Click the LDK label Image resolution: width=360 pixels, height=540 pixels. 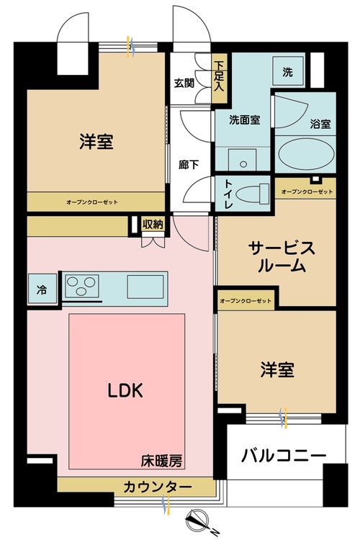tap(125, 390)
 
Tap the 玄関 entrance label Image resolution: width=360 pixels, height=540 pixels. tap(184, 83)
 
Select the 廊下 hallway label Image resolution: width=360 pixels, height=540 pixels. tap(188, 164)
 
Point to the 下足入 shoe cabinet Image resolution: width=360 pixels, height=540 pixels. tap(219, 78)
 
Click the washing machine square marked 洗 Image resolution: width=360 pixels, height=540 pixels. tap(288, 71)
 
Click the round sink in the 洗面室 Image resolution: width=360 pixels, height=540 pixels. tap(243, 164)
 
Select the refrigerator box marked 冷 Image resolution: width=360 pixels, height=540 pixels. tap(42, 289)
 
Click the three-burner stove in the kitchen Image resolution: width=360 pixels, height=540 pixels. tap(81, 286)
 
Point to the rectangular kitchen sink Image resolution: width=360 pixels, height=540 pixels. tap(145, 287)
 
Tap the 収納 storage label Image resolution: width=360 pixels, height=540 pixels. tap(153, 225)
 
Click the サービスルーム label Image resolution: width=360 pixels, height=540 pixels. tap(282, 256)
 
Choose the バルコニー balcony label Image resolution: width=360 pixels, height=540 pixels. tap(283, 455)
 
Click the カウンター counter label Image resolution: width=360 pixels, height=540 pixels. tap(158, 487)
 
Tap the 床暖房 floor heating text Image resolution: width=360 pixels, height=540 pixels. tap(161, 461)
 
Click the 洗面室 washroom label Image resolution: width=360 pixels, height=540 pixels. tap(245, 120)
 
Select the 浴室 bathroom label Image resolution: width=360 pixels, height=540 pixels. tap(320, 124)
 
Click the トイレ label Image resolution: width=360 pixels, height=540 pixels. tap(228, 194)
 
